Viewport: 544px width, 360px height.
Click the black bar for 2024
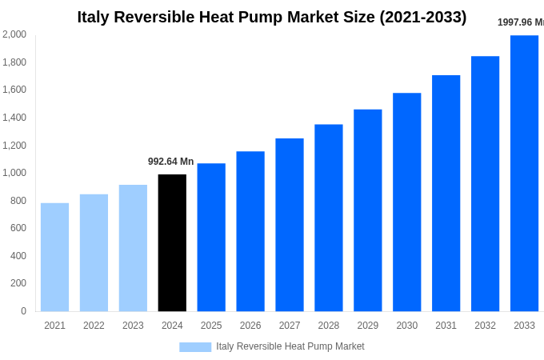click(x=172, y=242)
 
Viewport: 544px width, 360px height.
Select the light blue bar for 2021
click(x=54, y=257)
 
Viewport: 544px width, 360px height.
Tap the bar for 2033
click(x=524, y=173)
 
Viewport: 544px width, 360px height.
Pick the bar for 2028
click(x=328, y=218)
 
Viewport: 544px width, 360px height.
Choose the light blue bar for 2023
click(x=133, y=248)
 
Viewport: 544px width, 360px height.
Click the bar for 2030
click(x=406, y=202)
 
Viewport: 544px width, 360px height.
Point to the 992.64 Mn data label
click(x=170, y=162)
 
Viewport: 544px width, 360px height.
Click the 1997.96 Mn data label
click(x=520, y=22)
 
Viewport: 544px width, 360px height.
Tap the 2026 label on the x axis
click(x=250, y=326)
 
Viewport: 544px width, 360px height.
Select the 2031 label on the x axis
click(x=446, y=326)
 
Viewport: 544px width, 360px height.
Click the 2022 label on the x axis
click(x=94, y=326)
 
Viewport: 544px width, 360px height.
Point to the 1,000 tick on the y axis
click(x=14, y=173)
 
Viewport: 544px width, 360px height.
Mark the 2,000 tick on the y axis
click(x=14, y=34)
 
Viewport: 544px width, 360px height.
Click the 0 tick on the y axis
click(x=23, y=311)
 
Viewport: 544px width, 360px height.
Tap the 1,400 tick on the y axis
click(x=14, y=118)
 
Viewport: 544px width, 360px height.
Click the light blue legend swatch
click(x=195, y=347)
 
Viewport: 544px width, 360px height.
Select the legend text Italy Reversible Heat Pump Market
click(x=290, y=346)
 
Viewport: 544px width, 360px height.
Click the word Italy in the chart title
click(x=94, y=17)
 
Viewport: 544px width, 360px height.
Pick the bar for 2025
click(x=211, y=237)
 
